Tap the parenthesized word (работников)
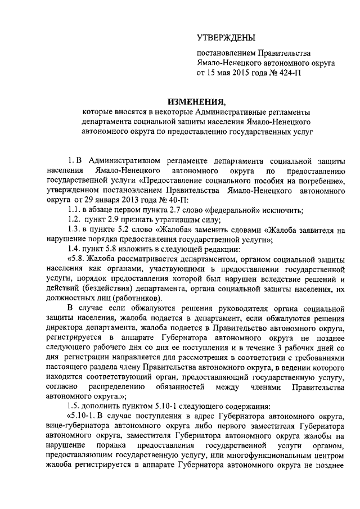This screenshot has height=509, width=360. click(135, 297)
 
